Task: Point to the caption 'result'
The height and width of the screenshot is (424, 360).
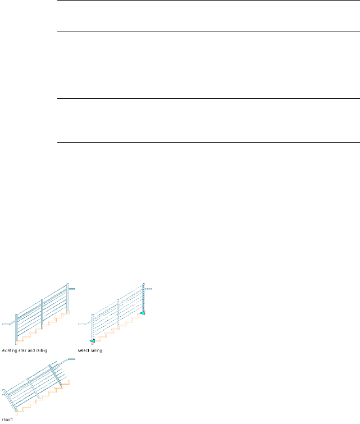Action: click(6, 419)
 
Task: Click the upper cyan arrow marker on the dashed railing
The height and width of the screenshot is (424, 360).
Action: click(143, 312)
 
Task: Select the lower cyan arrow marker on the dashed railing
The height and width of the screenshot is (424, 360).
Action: click(92, 340)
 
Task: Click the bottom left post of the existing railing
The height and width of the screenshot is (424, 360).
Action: click(16, 329)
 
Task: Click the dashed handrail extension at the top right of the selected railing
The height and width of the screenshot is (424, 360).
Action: click(149, 289)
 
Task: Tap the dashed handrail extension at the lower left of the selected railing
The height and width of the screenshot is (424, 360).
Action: click(83, 325)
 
